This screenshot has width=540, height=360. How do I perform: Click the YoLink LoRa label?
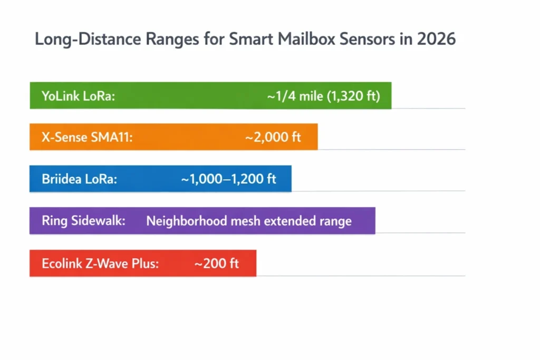[x=78, y=96]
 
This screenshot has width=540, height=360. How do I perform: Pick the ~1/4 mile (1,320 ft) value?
[x=323, y=96]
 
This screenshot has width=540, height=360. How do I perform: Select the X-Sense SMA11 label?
[x=87, y=138]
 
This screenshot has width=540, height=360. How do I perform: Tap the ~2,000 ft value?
[x=273, y=138]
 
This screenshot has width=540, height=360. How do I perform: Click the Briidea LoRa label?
[x=79, y=179]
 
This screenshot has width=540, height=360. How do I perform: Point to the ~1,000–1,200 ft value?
[x=228, y=179]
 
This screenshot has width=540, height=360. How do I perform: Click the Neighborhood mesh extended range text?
[x=249, y=221]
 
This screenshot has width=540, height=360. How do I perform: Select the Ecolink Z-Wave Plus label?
[x=100, y=263]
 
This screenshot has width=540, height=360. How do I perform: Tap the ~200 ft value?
[x=217, y=263]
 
